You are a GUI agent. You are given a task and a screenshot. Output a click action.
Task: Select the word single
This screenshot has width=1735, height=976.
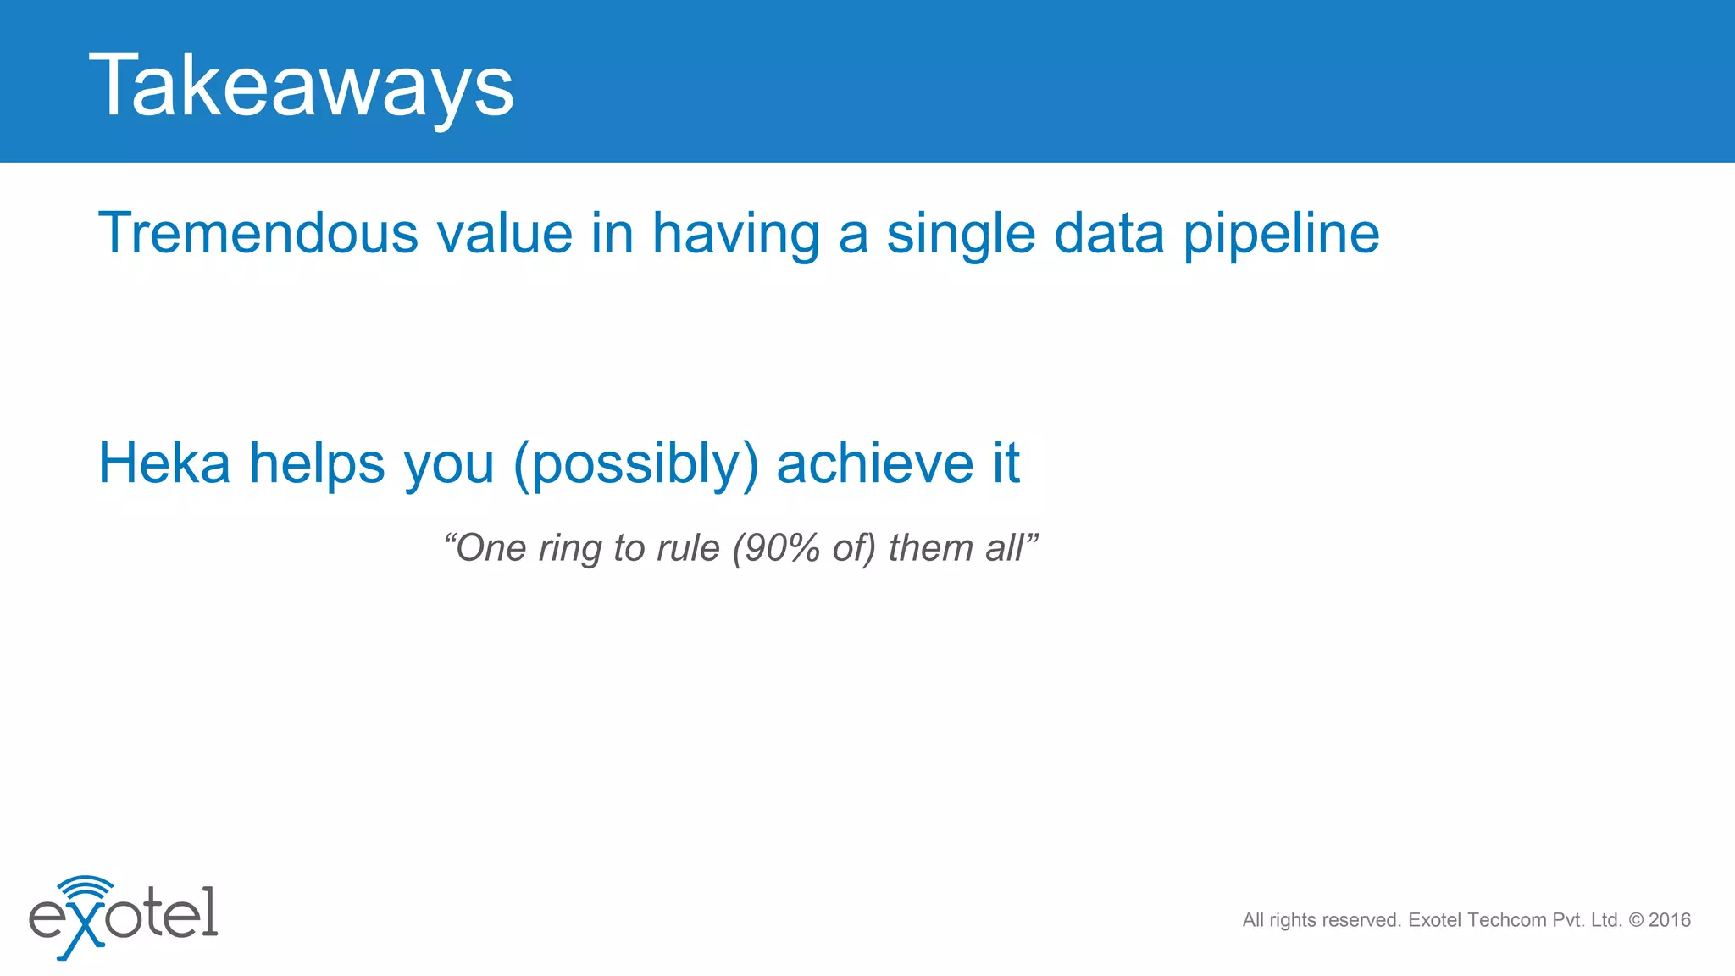click(x=961, y=233)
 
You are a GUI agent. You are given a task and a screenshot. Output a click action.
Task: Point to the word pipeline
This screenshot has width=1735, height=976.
click(x=1281, y=233)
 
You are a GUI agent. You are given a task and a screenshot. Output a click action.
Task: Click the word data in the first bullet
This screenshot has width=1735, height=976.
click(x=1109, y=233)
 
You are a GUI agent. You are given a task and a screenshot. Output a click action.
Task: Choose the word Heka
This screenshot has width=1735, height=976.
click(x=164, y=463)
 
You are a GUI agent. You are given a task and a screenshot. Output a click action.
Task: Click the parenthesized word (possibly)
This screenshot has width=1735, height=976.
click(x=635, y=463)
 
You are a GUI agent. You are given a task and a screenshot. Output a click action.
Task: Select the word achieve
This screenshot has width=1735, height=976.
click(x=875, y=463)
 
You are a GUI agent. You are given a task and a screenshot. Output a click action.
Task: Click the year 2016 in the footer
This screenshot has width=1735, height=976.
click(x=1670, y=920)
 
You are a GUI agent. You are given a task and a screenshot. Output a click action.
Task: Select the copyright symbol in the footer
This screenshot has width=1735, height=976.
click(x=1636, y=920)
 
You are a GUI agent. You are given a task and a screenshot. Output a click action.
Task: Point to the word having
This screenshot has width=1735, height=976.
click(x=736, y=233)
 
